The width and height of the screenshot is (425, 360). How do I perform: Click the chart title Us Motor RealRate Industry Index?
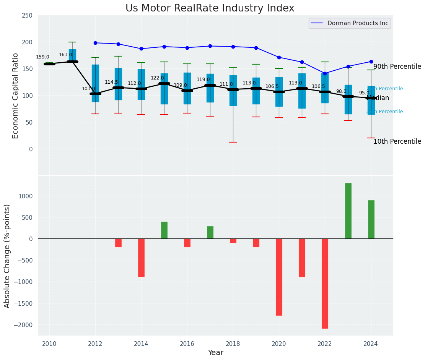pos(210,8)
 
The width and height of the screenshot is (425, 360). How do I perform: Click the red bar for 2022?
pos(325,283)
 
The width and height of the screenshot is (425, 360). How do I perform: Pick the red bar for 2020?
pos(279,277)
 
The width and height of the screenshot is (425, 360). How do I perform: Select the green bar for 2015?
pos(164,230)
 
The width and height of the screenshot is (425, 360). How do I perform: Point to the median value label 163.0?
pos(65,55)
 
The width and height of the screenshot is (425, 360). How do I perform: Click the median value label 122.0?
pos(157,78)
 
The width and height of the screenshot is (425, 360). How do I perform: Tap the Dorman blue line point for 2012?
pos(95,43)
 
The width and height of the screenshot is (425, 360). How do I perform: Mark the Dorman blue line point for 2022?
pos(325,73)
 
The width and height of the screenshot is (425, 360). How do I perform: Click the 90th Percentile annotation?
pos(397,66)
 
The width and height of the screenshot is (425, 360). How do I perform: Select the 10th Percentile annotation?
pos(397,141)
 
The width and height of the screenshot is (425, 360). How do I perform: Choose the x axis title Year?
pos(216,353)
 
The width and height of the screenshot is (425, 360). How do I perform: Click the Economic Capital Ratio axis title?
pos(16,96)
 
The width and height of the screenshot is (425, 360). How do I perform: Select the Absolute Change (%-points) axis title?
pos(7,256)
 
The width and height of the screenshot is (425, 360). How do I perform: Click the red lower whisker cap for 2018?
pos(233,142)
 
